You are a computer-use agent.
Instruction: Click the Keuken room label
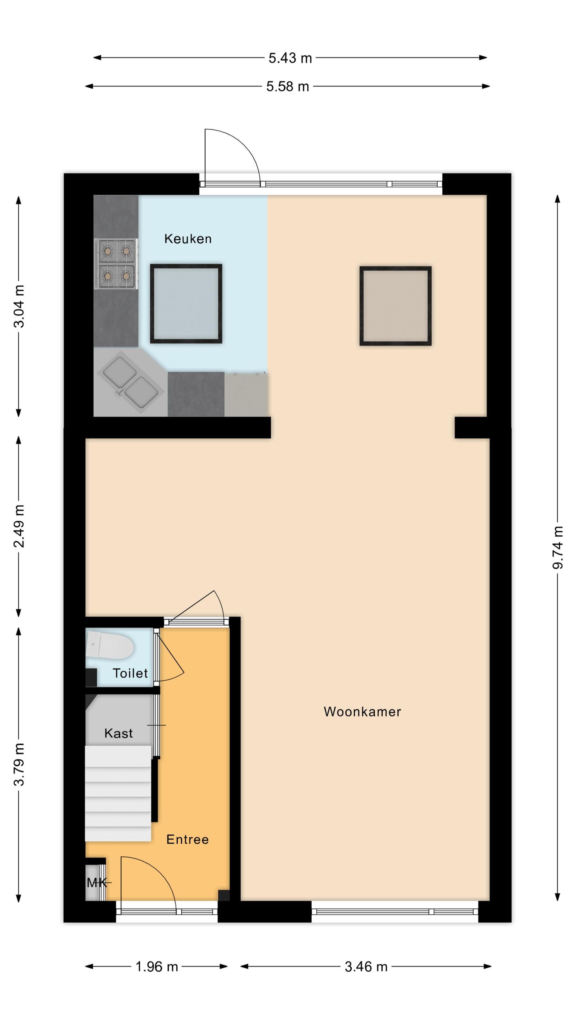pyautogui.click(x=188, y=239)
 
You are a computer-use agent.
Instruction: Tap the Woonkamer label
pyautogui.click(x=362, y=711)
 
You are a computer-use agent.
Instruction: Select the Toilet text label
pyautogui.click(x=130, y=673)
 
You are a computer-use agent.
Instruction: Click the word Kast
pyautogui.click(x=118, y=733)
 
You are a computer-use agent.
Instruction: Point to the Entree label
pyautogui.click(x=187, y=839)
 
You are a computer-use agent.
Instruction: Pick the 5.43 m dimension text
pyautogui.click(x=290, y=58)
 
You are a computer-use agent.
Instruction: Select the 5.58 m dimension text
pyautogui.click(x=288, y=86)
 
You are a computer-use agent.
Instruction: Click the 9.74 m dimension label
pyautogui.click(x=558, y=547)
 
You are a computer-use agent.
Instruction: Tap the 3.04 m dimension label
pyautogui.click(x=19, y=306)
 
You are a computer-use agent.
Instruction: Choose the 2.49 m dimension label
pyautogui.click(x=19, y=526)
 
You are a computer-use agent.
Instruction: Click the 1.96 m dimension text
pyautogui.click(x=156, y=966)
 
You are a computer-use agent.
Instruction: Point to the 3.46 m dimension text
pyautogui.click(x=366, y=966)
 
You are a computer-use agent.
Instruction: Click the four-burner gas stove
pyautogui.click(x=116, y=264)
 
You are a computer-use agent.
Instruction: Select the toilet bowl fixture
pyautogui.click(x=109, y=644)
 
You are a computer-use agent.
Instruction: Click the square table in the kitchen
pyautogui.click(x=186, y=303)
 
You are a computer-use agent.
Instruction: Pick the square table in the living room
pyautogui.click(x=395, y=306)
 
